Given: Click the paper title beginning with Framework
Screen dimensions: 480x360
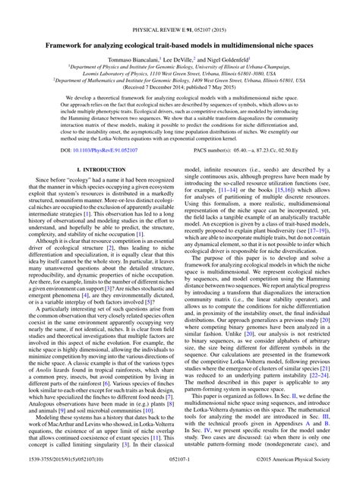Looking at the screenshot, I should pyautogui.click(x=179, y=46).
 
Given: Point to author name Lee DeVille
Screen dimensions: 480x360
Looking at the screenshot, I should pyautogui.click(x=180, y=59).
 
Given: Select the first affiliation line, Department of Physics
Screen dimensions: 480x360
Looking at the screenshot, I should pyautogui.click(x=179, y=67).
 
